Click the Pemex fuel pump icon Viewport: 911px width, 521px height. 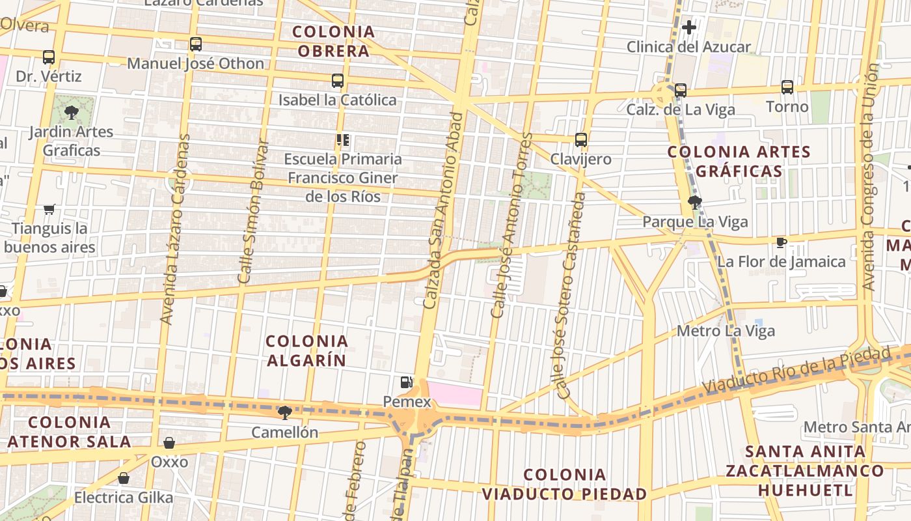tap(407, 382)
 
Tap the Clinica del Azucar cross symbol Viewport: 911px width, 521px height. tap(689, 27)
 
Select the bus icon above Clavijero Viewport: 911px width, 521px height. tap(581, 139)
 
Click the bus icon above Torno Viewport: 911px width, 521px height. tap(787, 87)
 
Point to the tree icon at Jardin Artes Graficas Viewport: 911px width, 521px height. tap(72, 111)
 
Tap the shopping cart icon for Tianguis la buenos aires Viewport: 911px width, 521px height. tap(49, 209)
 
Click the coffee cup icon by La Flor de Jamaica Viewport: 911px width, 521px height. tap(782, 242)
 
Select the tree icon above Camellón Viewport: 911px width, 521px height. tap(284, 412)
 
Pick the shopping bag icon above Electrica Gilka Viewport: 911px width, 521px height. tap(124, 479)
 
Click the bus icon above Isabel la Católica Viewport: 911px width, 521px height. tap(338, 81)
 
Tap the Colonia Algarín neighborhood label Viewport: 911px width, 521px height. tap(307, 350)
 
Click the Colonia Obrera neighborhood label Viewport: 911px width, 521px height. tap(334, 41)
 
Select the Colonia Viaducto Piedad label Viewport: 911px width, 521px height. tap(565, 485)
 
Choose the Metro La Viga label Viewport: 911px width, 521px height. tap(726, 331)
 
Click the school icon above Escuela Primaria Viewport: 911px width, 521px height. tap(343, 140)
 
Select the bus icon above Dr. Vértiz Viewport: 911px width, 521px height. tap(49, 57)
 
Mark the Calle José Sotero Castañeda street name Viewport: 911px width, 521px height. tap(568, 295)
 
